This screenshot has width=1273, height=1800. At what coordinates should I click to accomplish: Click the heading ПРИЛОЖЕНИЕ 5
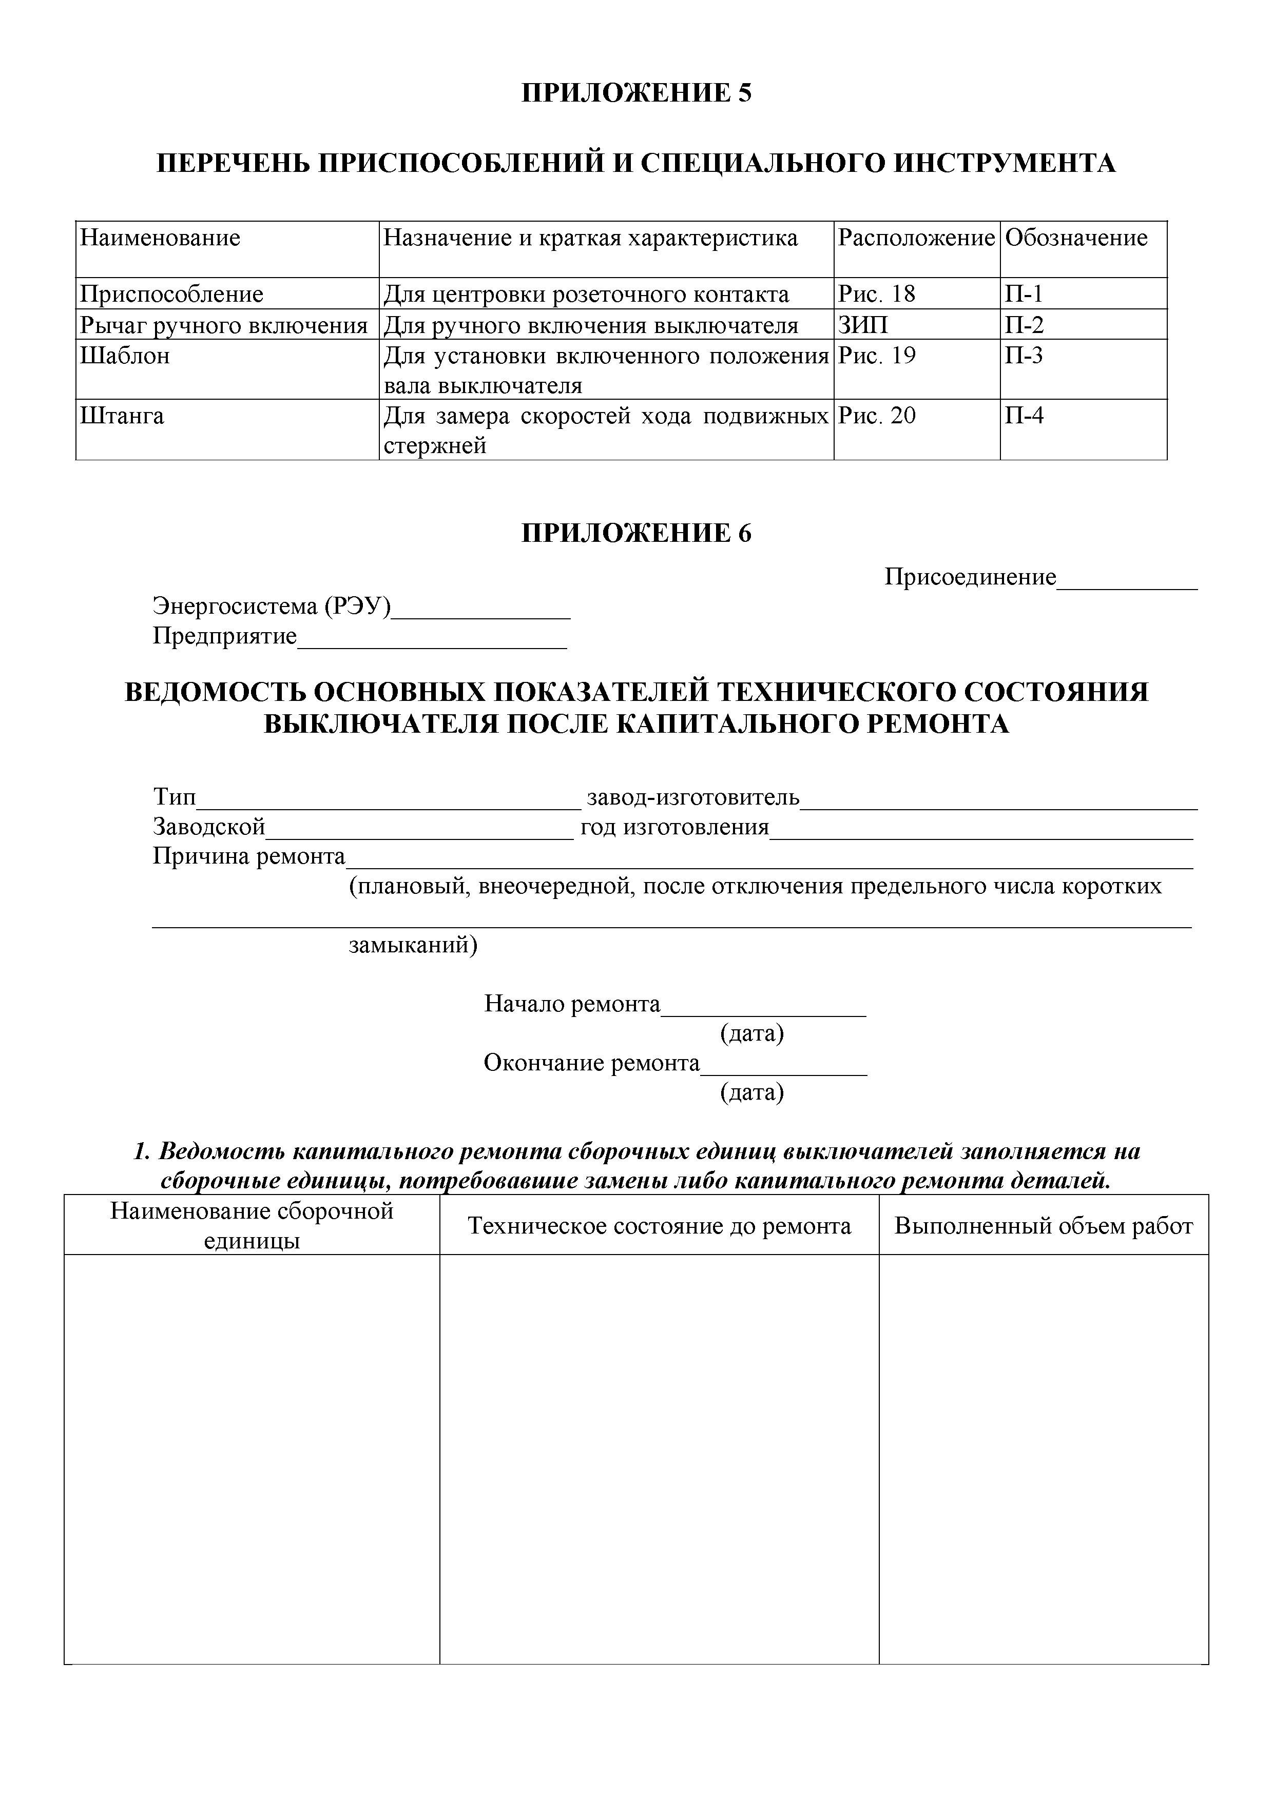click(x=636, y=93)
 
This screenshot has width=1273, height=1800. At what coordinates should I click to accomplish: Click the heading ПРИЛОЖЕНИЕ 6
click(x=636, y=533)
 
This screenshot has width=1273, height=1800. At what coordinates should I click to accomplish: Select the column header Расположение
click(x=915, y=238)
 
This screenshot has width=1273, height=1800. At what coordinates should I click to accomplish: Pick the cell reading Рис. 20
click(x=876, y=416)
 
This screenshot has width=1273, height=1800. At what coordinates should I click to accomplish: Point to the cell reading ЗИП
click(x=863, y=325)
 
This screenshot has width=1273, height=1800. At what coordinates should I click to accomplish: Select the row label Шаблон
click(x=125, y=356)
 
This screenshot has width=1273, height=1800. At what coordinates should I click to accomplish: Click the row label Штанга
click(x=122, y=416)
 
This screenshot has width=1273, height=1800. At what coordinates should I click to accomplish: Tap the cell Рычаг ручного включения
click(x=223, y=325)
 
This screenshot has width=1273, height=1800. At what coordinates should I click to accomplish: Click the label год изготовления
click(x=674, y=828)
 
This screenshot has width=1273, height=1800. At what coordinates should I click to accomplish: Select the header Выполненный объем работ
click(x=1043, y=1226)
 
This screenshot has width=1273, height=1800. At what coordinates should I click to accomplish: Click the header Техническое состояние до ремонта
click(x=659, y=1226)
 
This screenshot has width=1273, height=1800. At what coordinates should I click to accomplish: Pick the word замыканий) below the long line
click(x=413, y=946)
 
